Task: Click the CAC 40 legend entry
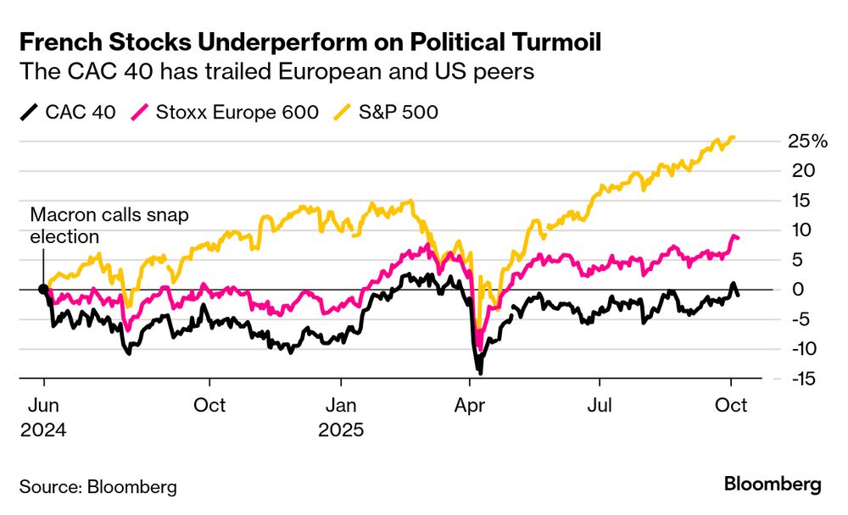68,112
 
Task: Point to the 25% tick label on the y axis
806,141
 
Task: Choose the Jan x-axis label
340,405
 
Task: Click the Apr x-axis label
470,405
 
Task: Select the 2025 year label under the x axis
341,429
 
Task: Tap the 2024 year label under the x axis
43,429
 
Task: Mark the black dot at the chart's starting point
43,289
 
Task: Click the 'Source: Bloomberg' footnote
98,487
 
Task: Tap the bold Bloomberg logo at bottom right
773,485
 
